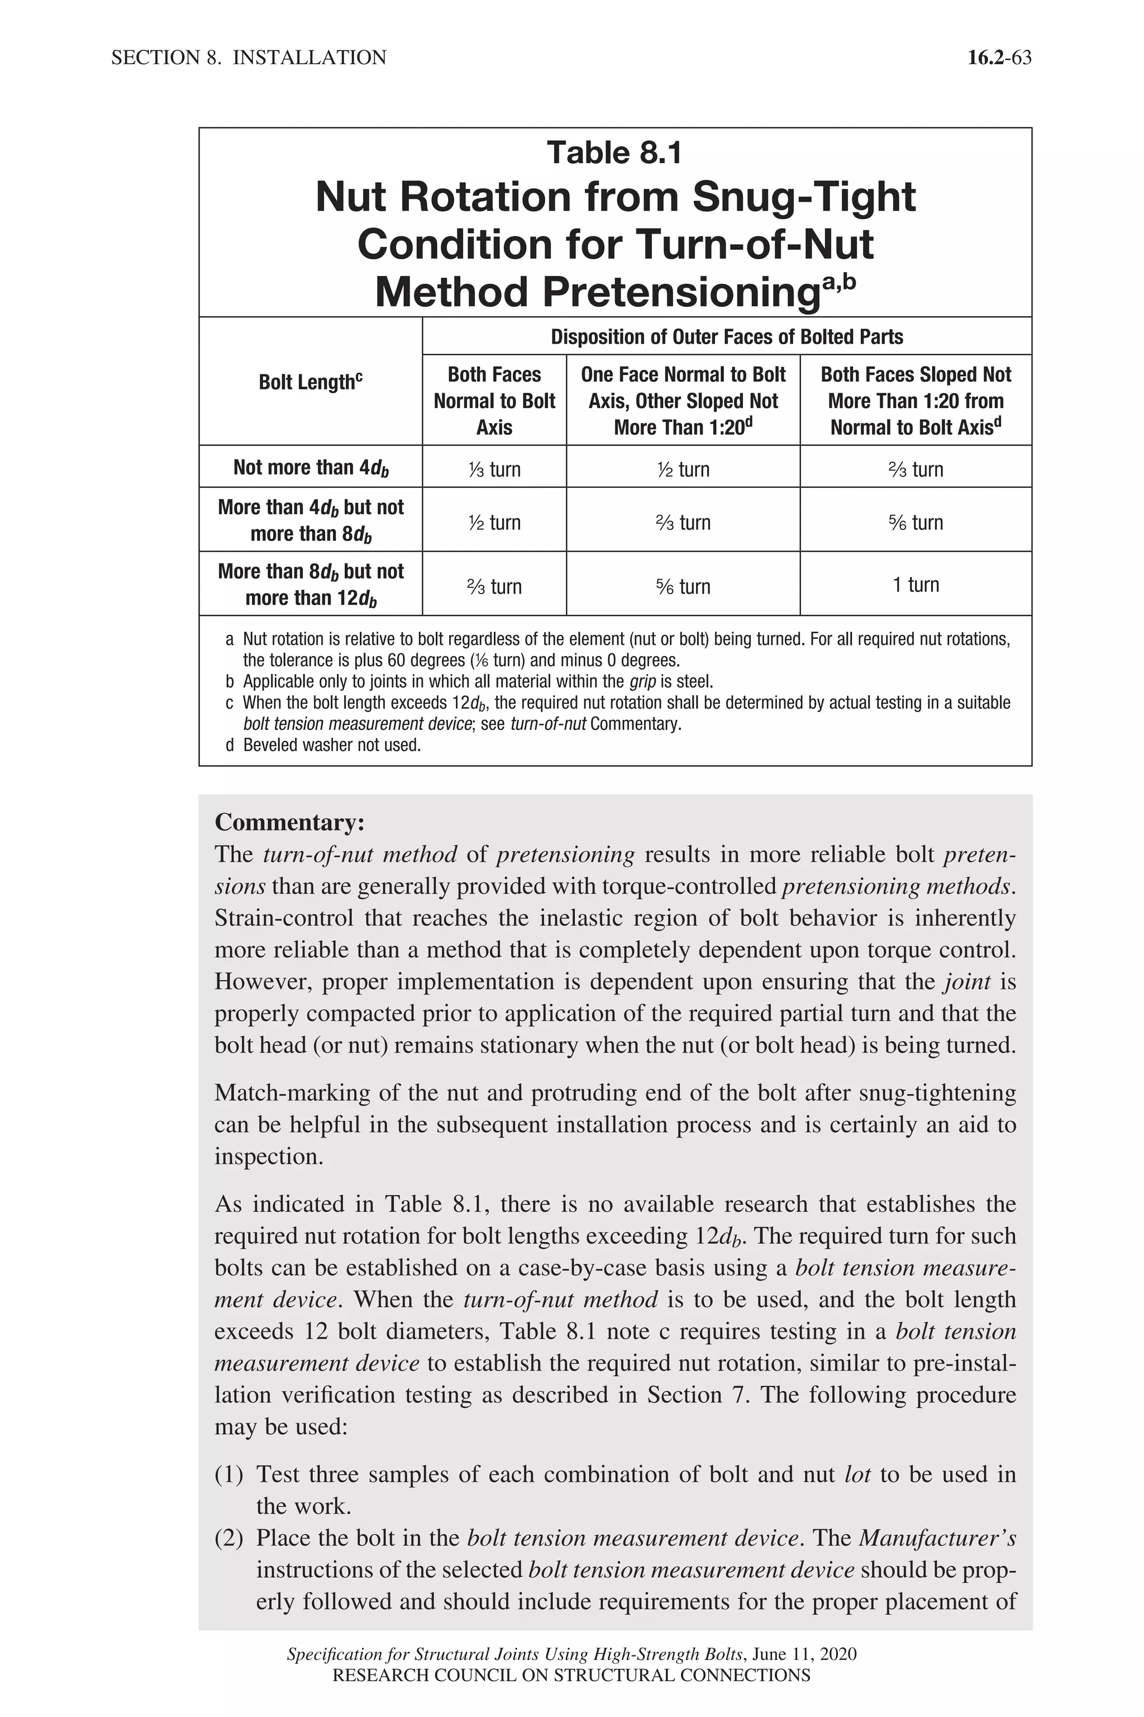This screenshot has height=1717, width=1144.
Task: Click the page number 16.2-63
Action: click(999, 58)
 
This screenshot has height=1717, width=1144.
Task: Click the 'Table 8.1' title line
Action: click(614, 153)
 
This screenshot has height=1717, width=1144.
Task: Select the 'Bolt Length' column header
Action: click(310, 382)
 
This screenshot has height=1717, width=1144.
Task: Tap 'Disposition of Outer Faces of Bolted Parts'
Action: click(726, 336)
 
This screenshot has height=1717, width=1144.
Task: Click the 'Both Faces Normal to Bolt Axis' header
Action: click(494, 400)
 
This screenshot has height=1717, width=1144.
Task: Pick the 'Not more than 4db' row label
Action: click(310, 467)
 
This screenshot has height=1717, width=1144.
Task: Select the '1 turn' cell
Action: click(915, 584)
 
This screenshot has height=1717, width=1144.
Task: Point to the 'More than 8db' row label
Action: click(310, 584)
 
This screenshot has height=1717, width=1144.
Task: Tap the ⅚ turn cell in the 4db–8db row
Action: click(915, 522)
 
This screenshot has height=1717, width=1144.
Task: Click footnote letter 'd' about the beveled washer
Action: click(230, 746)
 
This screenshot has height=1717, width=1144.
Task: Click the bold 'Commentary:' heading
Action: click(289, 822)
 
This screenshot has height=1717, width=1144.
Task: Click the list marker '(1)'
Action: click(228, 1474)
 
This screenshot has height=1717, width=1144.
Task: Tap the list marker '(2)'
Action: click(228, 1538)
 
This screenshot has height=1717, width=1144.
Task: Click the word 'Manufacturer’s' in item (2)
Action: click(937, 1538)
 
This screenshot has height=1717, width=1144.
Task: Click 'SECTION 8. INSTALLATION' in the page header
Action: click(249, 58)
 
